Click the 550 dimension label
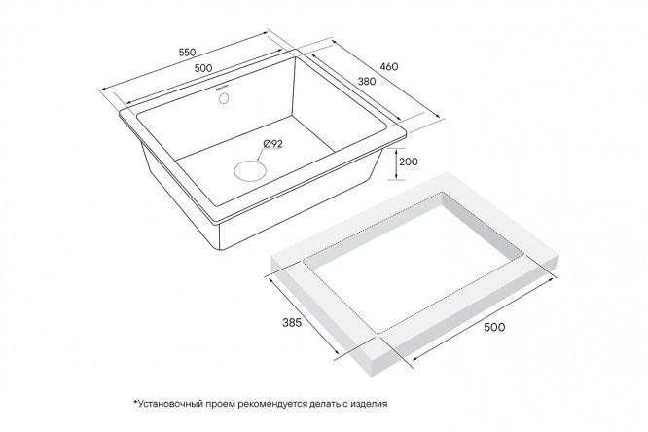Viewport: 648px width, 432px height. pos(187,53)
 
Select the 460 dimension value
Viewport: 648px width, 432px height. pos(389,66)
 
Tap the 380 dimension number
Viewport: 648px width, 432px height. pos(367,82)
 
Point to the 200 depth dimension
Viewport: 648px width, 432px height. pos(409,162)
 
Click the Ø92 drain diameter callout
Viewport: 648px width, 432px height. pos(272,143)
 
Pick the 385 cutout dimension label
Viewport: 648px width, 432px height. pos(292,322)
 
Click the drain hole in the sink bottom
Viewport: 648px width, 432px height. pos(250,170)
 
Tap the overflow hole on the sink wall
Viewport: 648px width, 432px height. pos(224,99)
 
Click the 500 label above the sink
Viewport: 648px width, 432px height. pos(203,68)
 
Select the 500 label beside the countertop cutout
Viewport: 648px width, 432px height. pos(494,327)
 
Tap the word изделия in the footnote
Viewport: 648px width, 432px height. pos(370,404)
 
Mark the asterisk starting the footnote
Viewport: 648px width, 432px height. pos(134,402)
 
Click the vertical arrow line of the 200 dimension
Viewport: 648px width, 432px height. pos(396,163)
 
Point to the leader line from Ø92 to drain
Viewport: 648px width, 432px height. pos(262,154)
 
